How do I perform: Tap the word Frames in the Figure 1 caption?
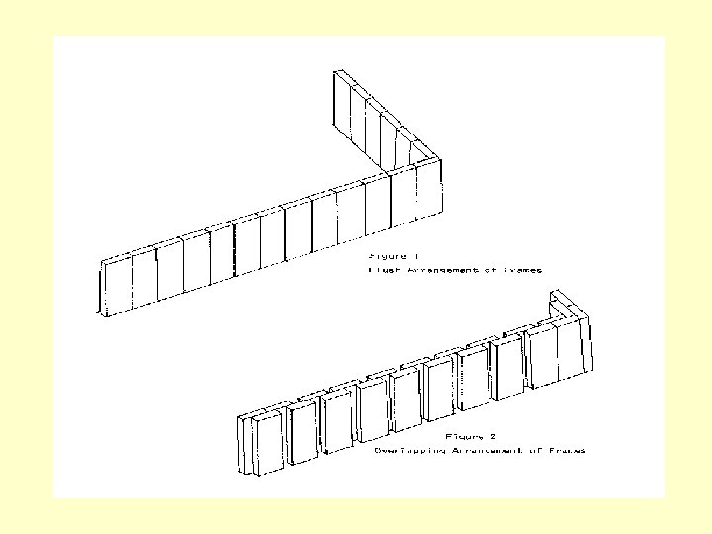[x=522, y=269]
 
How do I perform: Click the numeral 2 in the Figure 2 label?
[x=492, y=436]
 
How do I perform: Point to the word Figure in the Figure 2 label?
[x=464, y=436]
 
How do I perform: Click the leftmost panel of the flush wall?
[x=116, y=286]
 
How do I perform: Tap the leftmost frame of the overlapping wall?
[x=246, y=446]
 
